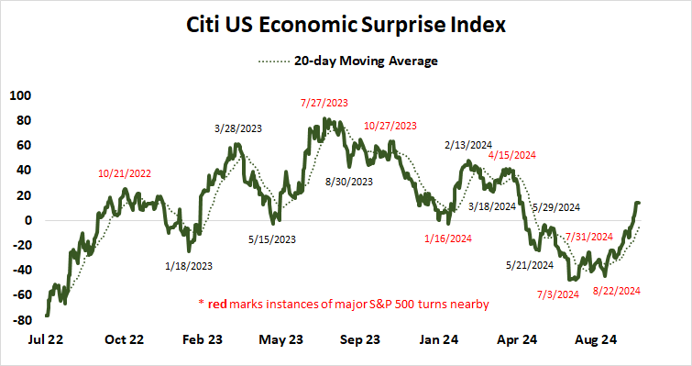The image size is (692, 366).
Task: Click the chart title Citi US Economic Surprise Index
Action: pos(346,25)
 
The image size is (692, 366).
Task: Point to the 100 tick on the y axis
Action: pos(19,94)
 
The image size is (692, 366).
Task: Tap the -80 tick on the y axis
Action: pos(19,320)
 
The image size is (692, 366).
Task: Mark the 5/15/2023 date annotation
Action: pos(272,240)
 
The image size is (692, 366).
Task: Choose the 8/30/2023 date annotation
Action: pos(349,182)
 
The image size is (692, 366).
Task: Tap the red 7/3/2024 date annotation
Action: pos(557,294)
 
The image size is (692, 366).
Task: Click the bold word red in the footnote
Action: pos(219,304)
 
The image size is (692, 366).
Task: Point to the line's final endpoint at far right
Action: pos(638,203)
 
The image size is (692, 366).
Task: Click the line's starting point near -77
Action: pos(47,316)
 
